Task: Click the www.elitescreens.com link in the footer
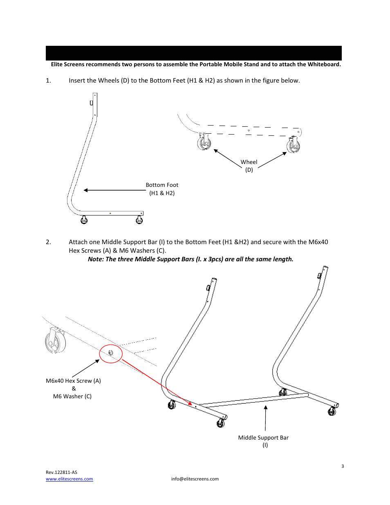(69, 479)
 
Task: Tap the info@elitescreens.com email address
(195, 479)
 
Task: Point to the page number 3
(343, 466)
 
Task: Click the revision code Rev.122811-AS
(61, 472)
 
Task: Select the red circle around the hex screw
(111, 354)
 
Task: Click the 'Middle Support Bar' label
(263, 438)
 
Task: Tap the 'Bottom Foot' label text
(162, 185)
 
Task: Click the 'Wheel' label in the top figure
(249, 162)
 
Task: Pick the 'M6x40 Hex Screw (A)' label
(73, 381)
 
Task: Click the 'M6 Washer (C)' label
(72, 396)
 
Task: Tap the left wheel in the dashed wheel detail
(204, 143)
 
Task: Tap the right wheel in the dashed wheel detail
(293, 145)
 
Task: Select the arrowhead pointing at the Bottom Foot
(86, 190)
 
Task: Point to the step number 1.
(48, 81)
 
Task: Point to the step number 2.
(48, 242)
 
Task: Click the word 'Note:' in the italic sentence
(96, 259)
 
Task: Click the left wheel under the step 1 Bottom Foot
(84, 220)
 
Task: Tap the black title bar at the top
(193, 53)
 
